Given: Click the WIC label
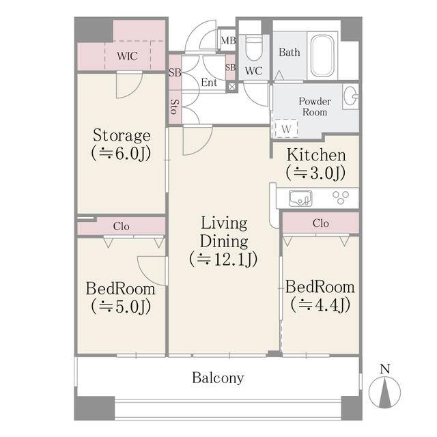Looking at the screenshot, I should [127, 56].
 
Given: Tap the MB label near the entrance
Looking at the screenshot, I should [227, 40].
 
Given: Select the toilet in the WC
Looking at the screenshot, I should [254, 48].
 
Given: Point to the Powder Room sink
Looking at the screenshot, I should [351, 96].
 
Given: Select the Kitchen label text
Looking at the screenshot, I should [315, 155].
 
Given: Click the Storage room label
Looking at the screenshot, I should [122, 135].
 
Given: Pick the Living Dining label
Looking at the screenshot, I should [223, 232].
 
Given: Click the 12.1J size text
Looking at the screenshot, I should [223, 259].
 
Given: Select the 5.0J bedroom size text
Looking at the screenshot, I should [120, 307].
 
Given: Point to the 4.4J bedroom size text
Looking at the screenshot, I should [320, 305].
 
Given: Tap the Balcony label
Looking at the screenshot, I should [218, 378].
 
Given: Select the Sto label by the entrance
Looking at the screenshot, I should [174, 106].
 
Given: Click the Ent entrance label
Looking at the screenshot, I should [209, 83].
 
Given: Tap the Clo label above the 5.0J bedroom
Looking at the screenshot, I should [121, 226].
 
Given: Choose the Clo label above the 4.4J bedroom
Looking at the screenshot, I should [320, 223].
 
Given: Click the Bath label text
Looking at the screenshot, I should [289, 52].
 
